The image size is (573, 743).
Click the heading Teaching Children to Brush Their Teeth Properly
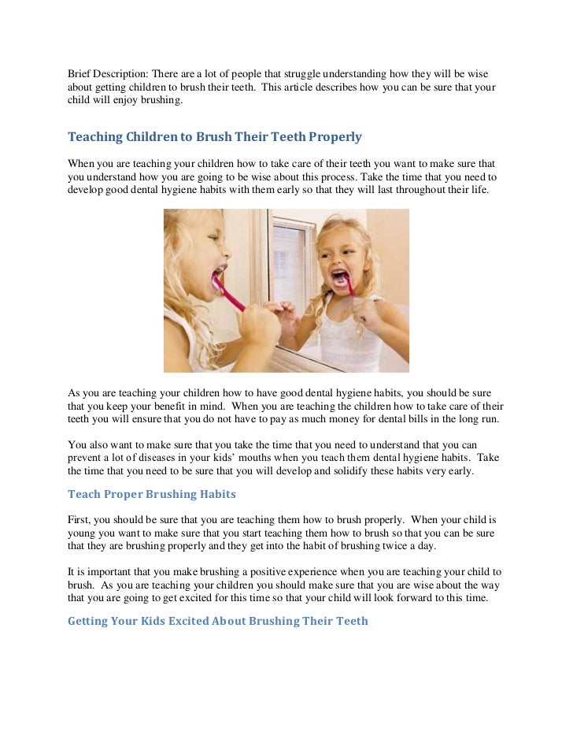click(x=215, y=137)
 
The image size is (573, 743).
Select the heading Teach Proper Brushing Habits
click(x=152, y=494)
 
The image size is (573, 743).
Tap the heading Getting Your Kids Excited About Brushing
click(x=218, y=621)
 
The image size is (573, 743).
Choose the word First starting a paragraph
click(x=80, y=522)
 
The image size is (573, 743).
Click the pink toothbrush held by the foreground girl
click(x=228, y=291)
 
